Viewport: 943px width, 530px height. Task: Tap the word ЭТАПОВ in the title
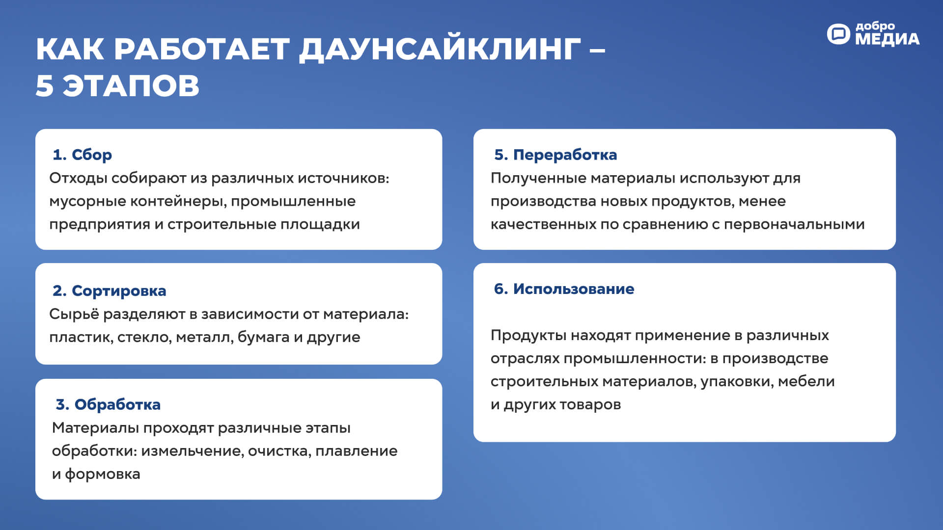[131, 86]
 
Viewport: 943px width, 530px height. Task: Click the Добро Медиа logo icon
[838, 34]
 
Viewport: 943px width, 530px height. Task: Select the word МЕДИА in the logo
[887, 39]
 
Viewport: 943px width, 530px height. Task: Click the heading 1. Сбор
[83, 155]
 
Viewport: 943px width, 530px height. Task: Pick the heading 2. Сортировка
[110, 291]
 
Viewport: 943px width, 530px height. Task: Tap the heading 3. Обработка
[108, 404]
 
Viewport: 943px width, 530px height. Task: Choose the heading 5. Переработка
[555, 155]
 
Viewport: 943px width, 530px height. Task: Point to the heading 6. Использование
[564, 289]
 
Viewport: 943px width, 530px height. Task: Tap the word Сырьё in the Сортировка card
[74, 314]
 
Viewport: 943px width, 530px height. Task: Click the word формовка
[103, 474]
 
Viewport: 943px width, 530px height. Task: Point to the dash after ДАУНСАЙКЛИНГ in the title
[597, 50]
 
